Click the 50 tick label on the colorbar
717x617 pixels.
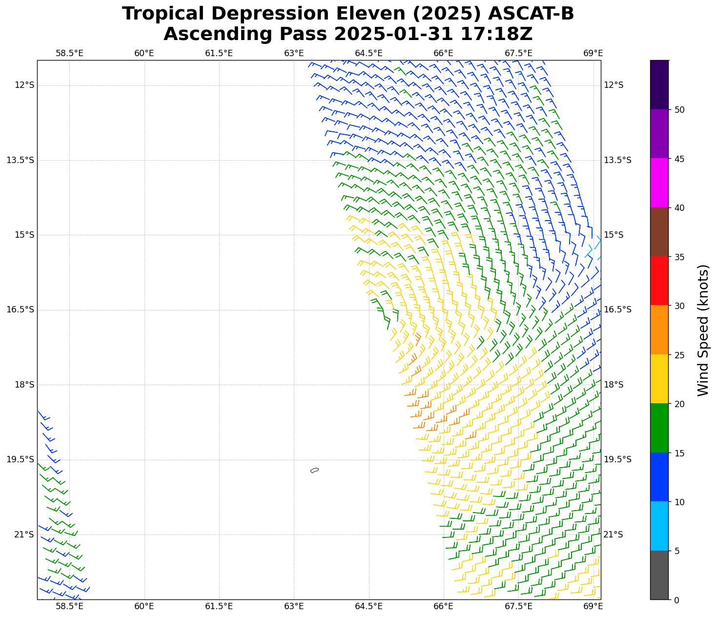point(679,110)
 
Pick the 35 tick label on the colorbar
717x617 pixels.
point(679,257)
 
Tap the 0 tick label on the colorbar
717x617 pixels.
point(676,600)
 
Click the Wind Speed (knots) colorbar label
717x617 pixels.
point(703,330)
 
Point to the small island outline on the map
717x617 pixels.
point(315,470)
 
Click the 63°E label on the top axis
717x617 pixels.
point(294,53)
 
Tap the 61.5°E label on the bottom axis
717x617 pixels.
point(219,606)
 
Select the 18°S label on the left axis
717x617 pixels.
point(24,385)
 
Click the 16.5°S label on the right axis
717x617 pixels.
point(617,309)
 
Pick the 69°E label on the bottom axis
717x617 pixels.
point(593,606)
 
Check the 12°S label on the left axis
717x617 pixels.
point(24,85)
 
